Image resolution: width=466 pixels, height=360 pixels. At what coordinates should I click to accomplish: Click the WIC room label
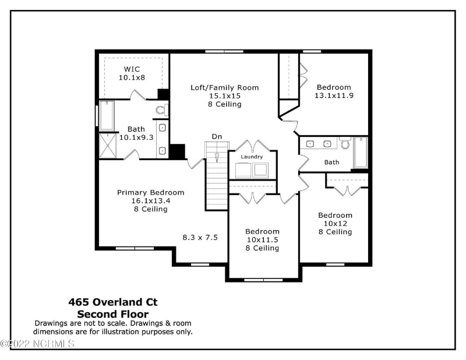coord(131,69)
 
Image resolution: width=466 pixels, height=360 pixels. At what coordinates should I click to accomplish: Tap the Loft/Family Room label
coord(224,88)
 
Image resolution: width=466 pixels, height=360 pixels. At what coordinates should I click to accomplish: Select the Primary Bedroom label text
coord(150,192)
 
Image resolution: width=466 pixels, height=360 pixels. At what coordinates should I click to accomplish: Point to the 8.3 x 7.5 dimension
coord(200,238)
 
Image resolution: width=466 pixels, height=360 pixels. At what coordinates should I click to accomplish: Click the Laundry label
coord(252,157)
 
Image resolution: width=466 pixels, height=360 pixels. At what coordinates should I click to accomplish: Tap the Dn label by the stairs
coord(217,136)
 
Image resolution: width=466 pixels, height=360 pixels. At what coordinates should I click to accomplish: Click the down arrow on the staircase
coord(217,157)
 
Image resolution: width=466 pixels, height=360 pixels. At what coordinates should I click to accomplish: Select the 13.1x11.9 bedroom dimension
coord(334,96)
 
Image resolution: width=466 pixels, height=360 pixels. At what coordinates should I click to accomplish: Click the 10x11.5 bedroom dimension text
coord(262,239)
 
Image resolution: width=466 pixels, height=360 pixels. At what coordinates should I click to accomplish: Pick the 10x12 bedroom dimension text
coord(335,223)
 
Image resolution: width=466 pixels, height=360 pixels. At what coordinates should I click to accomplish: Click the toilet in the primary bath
coord(161,109)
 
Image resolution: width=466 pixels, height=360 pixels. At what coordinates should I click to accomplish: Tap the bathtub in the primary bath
coord(107,116)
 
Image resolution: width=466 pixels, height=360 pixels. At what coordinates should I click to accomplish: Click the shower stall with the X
coord(107,146)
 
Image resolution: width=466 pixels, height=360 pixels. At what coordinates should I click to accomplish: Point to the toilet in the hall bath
coord(345,143)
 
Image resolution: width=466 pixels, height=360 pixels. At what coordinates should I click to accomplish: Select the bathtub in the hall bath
coord(361,153)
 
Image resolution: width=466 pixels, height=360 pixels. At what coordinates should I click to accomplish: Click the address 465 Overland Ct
coord(113,302)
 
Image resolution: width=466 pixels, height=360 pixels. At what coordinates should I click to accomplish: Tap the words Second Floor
coord(113,315)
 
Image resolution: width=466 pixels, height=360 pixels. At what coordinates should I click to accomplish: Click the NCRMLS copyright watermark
coord(38,344)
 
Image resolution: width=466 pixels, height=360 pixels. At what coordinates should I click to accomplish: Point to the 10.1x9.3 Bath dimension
coord(136,137)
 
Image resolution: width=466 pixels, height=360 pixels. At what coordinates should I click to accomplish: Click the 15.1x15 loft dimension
coord(224,96)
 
